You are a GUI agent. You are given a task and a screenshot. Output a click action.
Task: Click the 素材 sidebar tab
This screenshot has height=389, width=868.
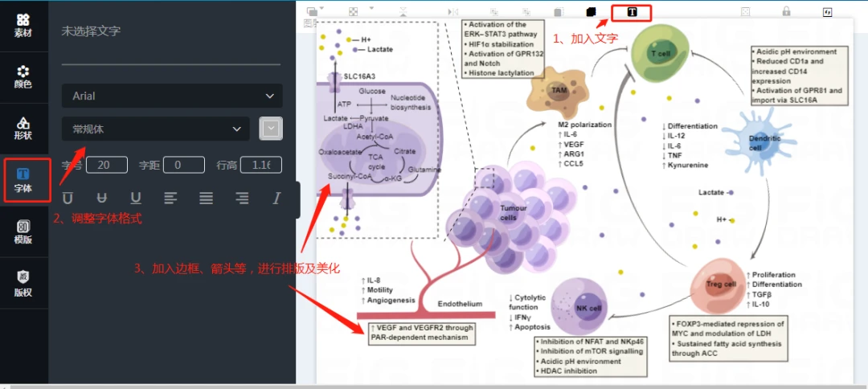tap(23, 25)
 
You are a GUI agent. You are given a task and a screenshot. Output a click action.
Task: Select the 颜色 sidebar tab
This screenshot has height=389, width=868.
tap(23, 76)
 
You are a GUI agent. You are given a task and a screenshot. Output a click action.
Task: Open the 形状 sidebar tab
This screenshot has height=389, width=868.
tap(23, 128)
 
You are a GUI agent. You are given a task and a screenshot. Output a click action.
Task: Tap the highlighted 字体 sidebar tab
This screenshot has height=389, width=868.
tap(23, 181)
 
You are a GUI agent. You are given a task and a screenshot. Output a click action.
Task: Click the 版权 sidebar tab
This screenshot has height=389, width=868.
tap(23, 283)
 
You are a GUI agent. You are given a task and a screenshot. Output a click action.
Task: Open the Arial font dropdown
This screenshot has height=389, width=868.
tap(172, 96)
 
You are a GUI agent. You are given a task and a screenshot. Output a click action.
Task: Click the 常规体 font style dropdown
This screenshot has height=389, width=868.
tap(156, 129)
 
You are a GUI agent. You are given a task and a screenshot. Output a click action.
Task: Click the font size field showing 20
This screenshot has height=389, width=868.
tap(107, 165)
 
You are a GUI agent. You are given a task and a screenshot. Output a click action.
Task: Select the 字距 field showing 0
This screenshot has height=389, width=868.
tap(184, 165)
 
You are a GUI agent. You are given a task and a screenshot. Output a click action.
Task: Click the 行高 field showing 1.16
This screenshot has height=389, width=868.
tap(260, 165)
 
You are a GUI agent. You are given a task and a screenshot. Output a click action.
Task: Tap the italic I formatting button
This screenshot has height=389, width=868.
tap(277, 198)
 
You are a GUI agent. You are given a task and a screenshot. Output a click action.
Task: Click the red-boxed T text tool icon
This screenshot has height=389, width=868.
tap(632, 12)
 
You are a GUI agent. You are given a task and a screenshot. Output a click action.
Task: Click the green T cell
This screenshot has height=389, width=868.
tap(660, 53)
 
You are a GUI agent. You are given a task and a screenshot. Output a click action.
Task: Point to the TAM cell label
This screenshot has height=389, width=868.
tap(559, 91)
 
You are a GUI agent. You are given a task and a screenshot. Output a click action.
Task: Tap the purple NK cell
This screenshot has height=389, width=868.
tap(588, 309)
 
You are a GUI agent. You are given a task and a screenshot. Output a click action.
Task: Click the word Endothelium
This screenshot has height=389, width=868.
tap(460, 304)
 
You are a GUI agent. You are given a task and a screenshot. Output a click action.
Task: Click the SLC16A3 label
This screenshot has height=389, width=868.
tap(359, 77)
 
